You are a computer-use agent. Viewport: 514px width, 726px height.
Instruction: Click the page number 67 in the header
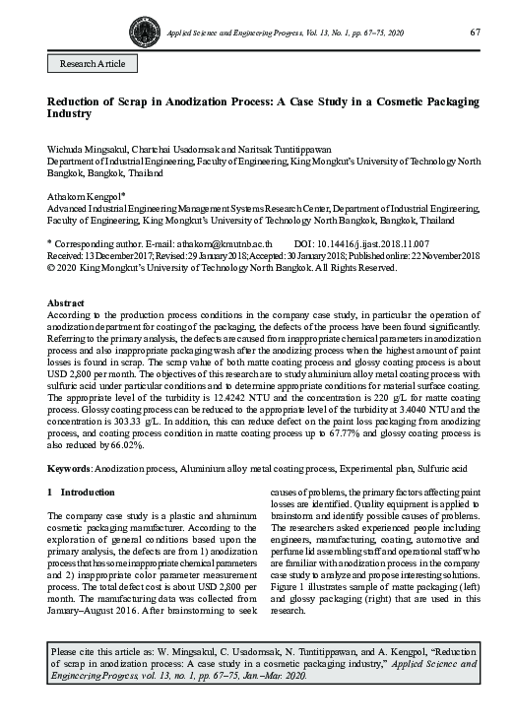coord(475,33)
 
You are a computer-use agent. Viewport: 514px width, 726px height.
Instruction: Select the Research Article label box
coord(93,63)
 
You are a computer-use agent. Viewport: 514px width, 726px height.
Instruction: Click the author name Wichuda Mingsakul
coord(87,148)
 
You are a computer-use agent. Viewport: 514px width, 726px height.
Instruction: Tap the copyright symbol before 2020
coord(52,266)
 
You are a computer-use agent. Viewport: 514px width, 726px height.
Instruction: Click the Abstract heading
coord(66,301)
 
